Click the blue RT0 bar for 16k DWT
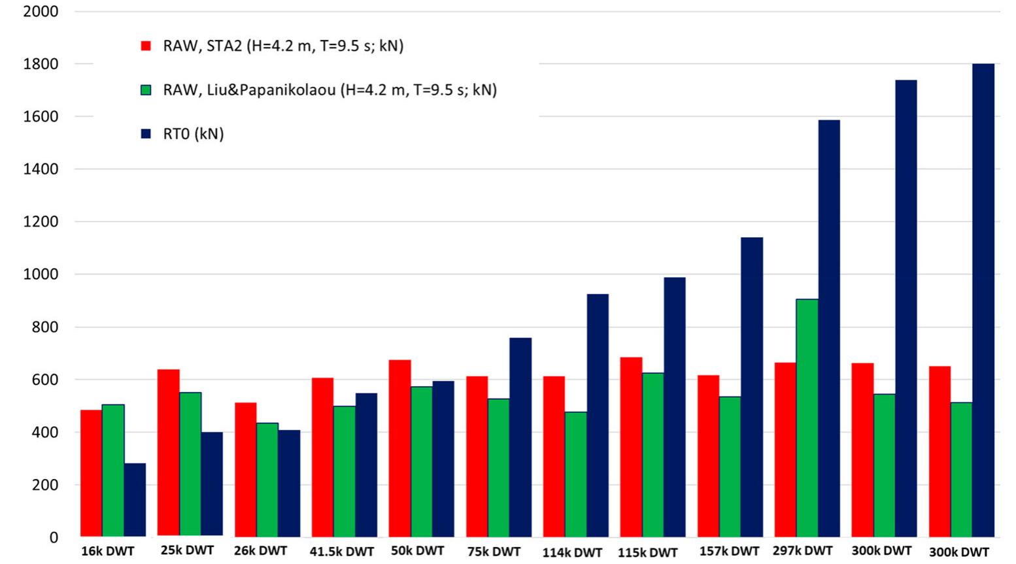[x=135, y=500]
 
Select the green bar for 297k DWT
[x=807, y=418]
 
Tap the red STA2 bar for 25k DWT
[x=168, y=453]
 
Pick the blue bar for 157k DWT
[x=751, y=387]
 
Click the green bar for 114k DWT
[x=575, y=474]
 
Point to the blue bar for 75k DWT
[x=520, y=437]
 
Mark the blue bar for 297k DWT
[x=828, y=329]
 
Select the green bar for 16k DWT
[x=113, y=471]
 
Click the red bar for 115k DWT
[x=631, y=447]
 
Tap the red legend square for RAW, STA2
[x=146, y=46]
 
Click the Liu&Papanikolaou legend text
[x=330, y=90]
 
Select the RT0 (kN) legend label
[x=193, y=134]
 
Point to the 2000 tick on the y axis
[x=41, y=11]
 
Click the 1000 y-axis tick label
[x=41, y=274]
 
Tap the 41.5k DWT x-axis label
[x=342, y=552]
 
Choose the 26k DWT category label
[x=260, y=551]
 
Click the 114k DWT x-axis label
[x=572, y=552]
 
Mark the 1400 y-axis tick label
[x=41, y=169]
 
